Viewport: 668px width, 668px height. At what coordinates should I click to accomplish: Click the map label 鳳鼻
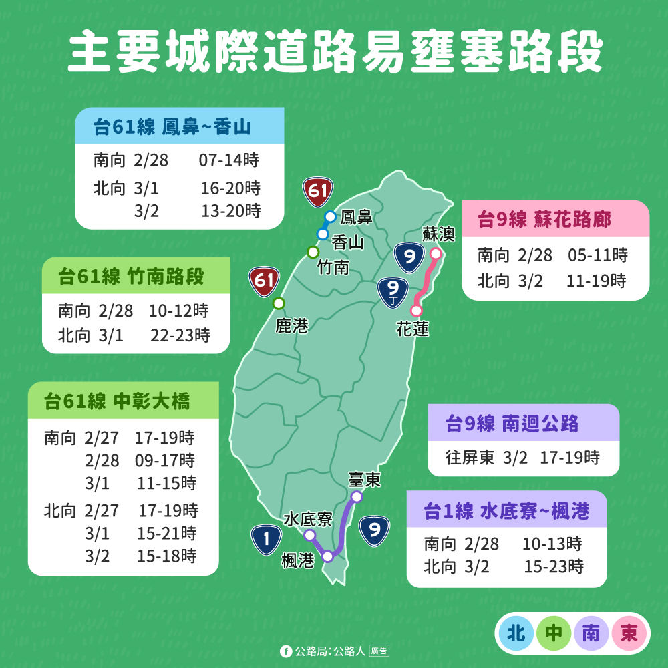pos(356,218)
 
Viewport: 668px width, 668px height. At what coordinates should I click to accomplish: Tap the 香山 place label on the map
pos(347,242)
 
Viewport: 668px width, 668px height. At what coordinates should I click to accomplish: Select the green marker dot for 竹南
pos(313,252)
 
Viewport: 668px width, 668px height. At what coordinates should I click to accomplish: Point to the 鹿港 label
pos(292,325)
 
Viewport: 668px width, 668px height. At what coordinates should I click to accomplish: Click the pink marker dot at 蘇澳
pos(436,254)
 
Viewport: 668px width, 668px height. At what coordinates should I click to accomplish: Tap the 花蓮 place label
pos(412,329)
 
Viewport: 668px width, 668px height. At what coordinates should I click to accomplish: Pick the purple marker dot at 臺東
pos(357,497)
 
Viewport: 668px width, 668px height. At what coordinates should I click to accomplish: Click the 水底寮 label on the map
pos(308,519)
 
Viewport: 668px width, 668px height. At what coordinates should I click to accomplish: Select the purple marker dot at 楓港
pos(328,556)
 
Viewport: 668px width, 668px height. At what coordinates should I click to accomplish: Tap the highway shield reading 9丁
pos(392,292)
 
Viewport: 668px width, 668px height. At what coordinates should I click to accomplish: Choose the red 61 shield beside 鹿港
pos(264,281)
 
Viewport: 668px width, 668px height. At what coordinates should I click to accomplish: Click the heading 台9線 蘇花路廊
pos(544,220)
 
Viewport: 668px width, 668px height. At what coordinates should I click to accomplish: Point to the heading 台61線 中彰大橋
pos(118,401)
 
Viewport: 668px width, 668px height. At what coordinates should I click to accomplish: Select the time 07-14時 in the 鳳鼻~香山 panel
pos(228,160)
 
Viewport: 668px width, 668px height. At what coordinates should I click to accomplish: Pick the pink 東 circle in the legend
pos(629,633)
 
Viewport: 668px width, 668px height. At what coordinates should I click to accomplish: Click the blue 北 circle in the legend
pos(516,633)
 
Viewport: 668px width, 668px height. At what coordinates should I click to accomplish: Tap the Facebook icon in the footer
pos(286,650)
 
